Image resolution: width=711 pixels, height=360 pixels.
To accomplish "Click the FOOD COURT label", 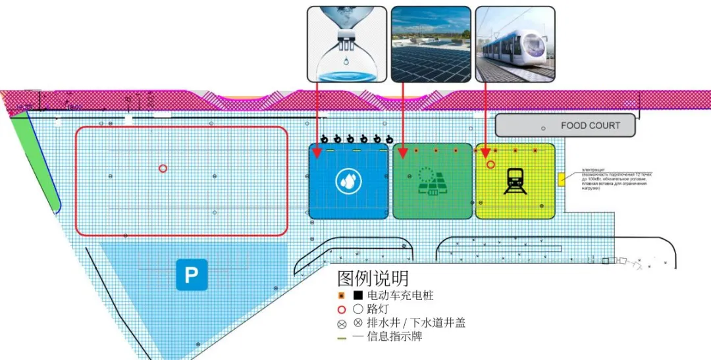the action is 590,125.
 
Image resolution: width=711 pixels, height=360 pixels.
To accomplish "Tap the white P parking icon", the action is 192,274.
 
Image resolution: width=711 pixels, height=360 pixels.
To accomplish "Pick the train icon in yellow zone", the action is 515,181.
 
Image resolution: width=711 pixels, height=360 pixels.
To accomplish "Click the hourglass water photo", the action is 346,45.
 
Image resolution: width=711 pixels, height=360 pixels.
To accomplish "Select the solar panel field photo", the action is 431,45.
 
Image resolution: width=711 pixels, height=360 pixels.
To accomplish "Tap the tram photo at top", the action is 515,45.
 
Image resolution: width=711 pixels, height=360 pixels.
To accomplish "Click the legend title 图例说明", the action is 373,278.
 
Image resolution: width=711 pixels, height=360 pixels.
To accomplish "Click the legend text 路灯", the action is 377,309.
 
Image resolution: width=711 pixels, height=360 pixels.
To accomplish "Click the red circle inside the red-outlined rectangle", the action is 163,168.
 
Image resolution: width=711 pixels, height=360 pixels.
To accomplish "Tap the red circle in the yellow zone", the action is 490,164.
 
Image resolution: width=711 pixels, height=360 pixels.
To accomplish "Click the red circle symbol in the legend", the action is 341,310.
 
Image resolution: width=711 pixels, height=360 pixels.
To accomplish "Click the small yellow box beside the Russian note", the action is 561,179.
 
